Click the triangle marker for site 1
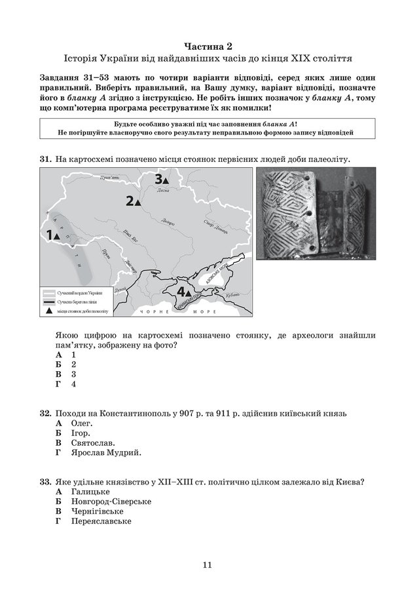[56, 235]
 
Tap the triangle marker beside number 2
[137, 203]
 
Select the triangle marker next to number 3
[166, 179]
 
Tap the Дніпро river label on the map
[168, 222]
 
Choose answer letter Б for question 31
[58, 363]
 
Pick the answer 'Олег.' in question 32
[81, 424]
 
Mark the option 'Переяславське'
[100, 521]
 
